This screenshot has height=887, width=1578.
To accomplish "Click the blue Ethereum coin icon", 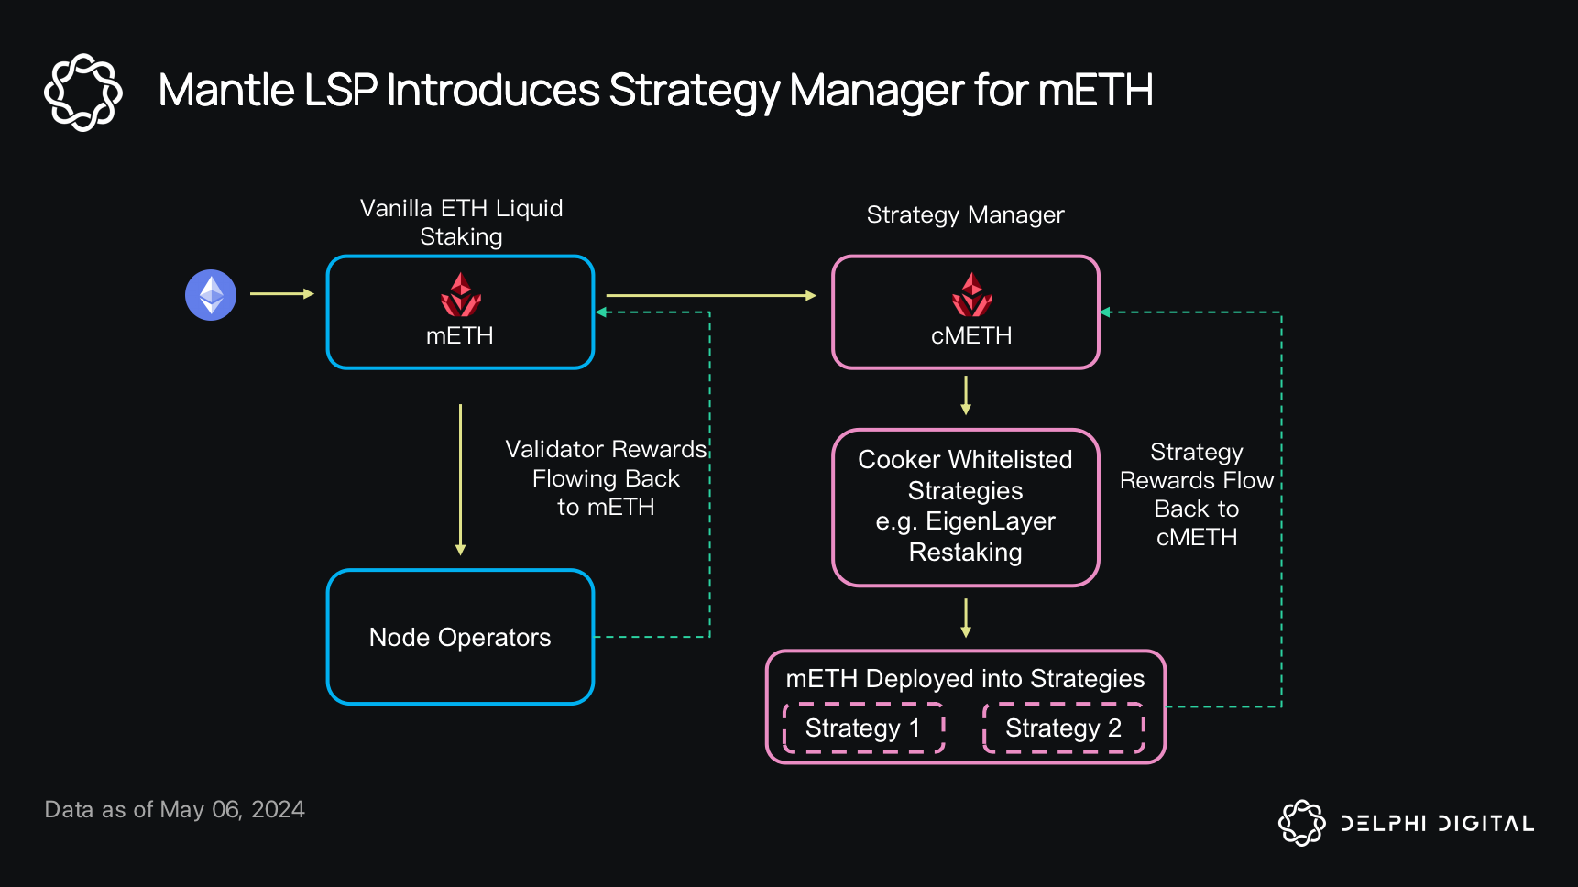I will pos(211,295).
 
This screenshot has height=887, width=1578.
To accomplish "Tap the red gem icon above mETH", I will pos(460,295).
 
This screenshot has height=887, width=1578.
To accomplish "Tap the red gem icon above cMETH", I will pos(971,295).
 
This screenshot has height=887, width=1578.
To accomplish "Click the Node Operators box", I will pos(460,637).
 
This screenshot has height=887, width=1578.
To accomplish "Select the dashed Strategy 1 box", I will pos(863,728).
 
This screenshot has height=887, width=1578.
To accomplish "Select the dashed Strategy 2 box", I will pos(1063,728).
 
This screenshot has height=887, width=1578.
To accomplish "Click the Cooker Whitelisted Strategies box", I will pos(965,507).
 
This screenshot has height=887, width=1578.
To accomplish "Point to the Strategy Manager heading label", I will pos(965,215).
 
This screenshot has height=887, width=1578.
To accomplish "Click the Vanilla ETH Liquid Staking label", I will pos(461,222).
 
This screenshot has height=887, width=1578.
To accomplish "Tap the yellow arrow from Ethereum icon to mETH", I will pos(281,294).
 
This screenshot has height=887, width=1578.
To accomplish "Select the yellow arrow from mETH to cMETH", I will pos(710,295).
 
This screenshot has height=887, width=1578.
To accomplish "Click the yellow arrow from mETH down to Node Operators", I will pos(460,479).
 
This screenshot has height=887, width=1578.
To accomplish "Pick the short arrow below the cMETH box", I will pos(965,395).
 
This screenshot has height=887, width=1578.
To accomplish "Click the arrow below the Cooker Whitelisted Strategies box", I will pos(965,618).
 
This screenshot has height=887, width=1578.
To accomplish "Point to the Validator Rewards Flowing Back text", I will pos(606,478).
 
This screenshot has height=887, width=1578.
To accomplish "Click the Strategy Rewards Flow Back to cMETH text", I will pos(1196,495).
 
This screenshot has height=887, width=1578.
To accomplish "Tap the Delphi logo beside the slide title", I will pos(83,92).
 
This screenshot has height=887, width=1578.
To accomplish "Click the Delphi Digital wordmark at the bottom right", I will pos(1436,823).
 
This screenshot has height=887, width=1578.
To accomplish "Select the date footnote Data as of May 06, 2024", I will pos(174,810).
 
